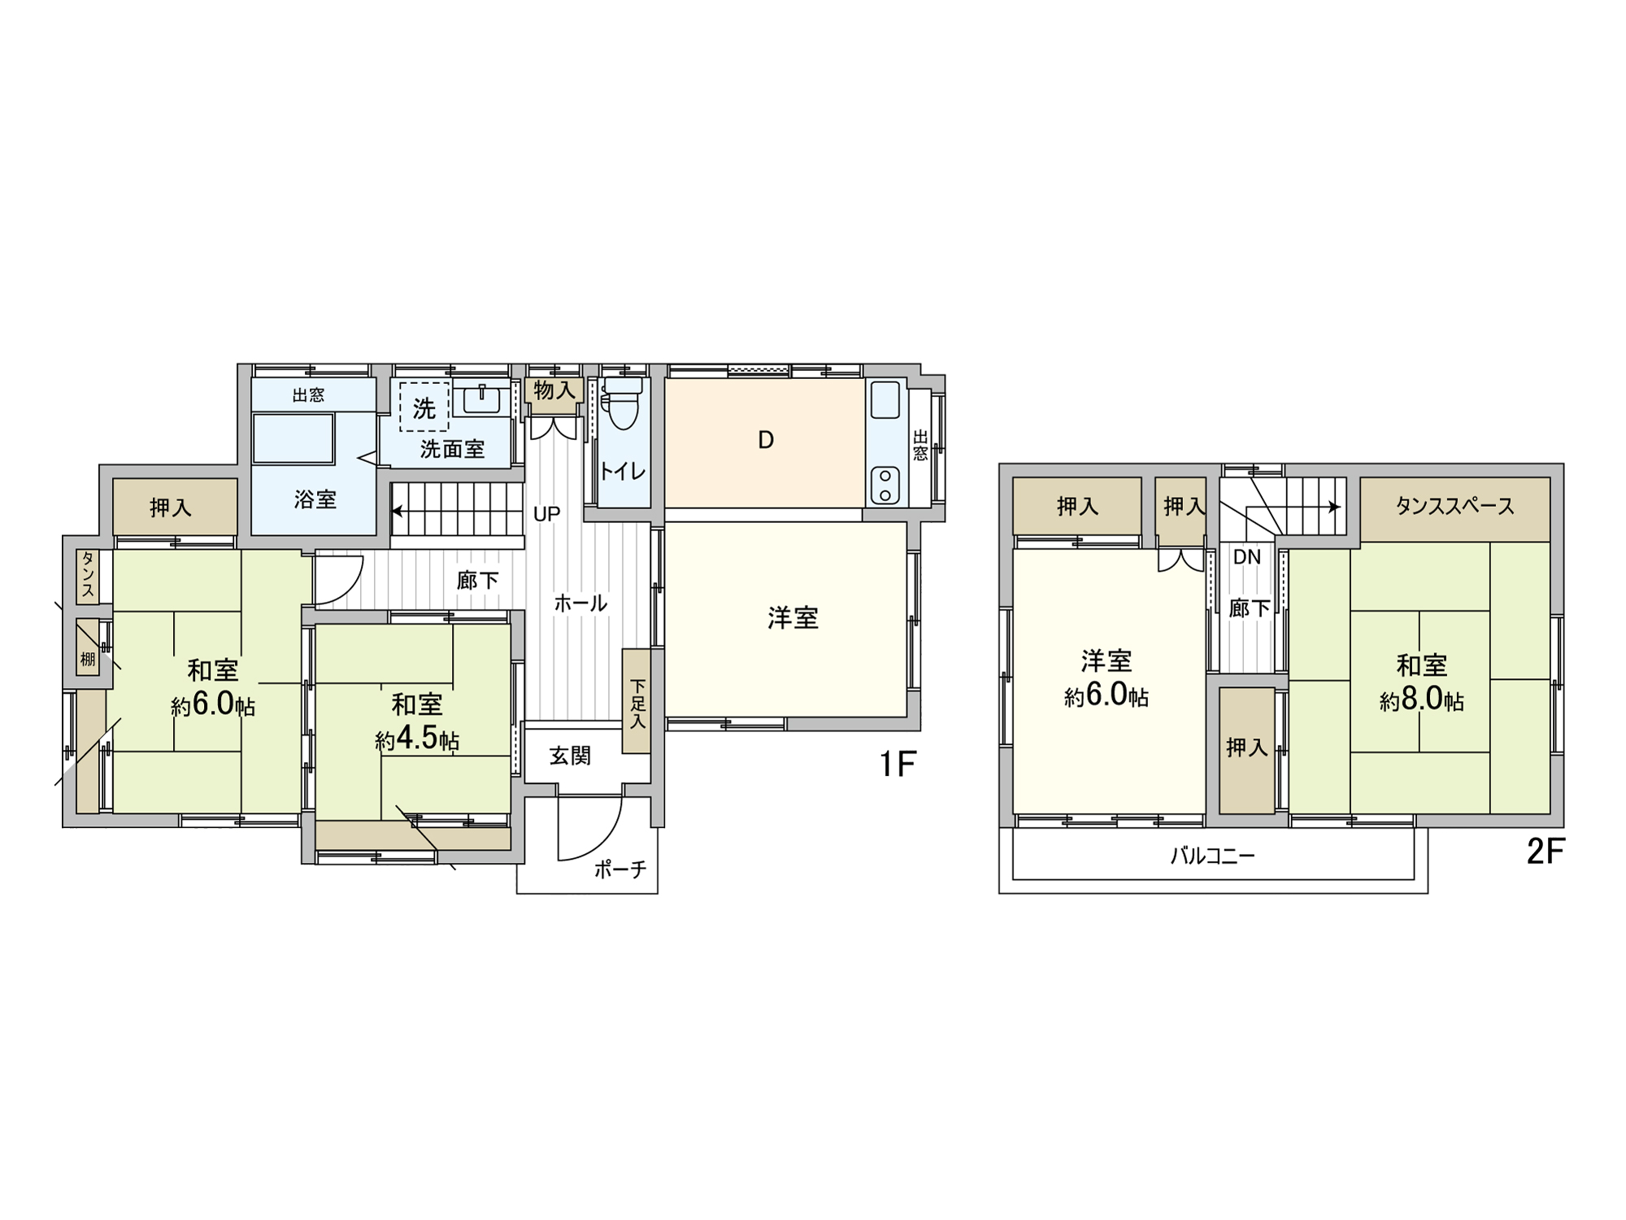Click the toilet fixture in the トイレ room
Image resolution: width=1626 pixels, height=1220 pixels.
pos(623,403)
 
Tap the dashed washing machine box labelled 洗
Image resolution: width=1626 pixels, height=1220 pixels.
pos(424,407)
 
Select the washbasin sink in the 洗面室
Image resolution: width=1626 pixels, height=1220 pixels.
pos(482,398)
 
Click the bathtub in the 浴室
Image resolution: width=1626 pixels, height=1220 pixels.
pos(293,438)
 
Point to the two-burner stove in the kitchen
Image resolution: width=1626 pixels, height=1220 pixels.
pos(885,485)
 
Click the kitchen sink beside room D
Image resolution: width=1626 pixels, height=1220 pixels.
pos(885,401)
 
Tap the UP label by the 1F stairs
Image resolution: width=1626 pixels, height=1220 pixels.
pos(546,514)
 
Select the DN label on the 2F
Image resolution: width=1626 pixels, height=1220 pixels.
pos(1247,557)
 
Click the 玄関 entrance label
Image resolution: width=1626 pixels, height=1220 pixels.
pos(570,756)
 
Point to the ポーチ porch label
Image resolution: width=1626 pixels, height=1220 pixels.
pos(620,869)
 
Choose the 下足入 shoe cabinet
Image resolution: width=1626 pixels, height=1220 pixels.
pos(637,701)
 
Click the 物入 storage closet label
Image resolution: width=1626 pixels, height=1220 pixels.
pos(554,390)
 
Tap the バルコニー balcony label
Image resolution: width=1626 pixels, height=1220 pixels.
pos(1212,856)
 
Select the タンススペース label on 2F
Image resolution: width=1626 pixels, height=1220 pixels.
pos(1454,507)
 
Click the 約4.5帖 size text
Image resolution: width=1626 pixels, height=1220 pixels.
pos(417,739)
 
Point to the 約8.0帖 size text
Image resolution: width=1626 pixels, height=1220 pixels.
pos(1422,699)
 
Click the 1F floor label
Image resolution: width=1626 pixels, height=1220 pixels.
pos(898,765)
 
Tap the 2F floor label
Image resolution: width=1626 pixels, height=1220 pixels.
pos(1546,852)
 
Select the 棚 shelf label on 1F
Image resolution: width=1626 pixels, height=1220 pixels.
pos(88,659)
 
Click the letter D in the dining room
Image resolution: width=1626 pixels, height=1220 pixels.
pos(765,440)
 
